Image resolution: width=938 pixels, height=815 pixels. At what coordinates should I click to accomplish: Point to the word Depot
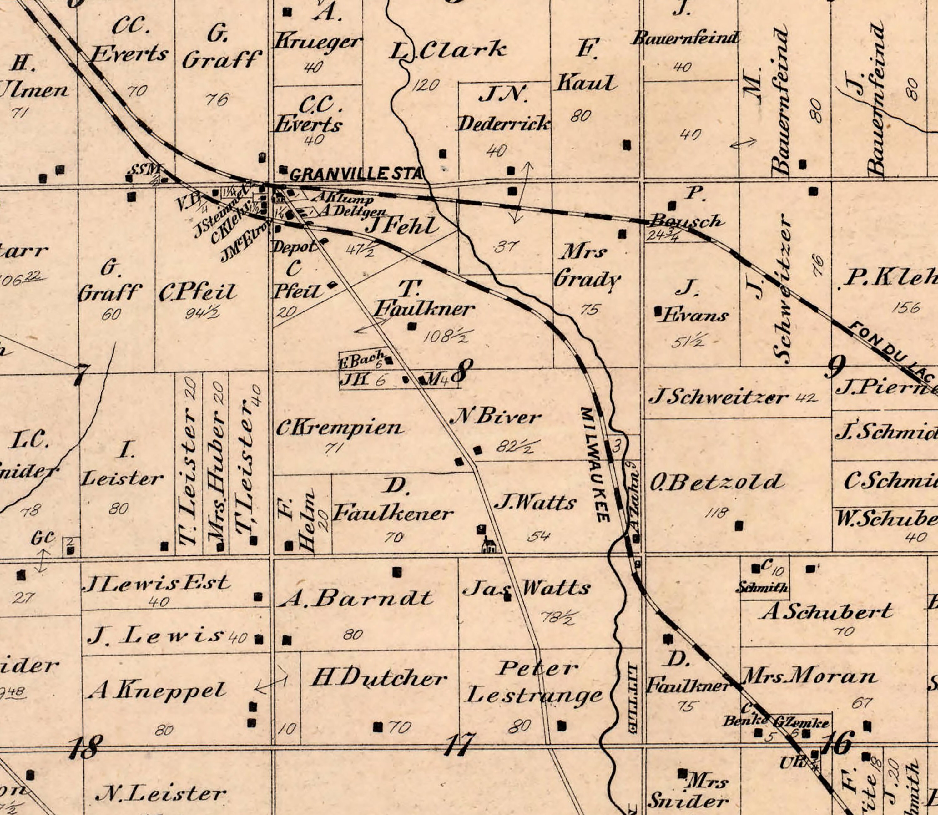[294, 246]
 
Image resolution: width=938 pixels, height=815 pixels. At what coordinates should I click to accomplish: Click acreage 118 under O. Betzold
[717, 513]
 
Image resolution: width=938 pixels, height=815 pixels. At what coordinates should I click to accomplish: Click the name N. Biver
[496, 417]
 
